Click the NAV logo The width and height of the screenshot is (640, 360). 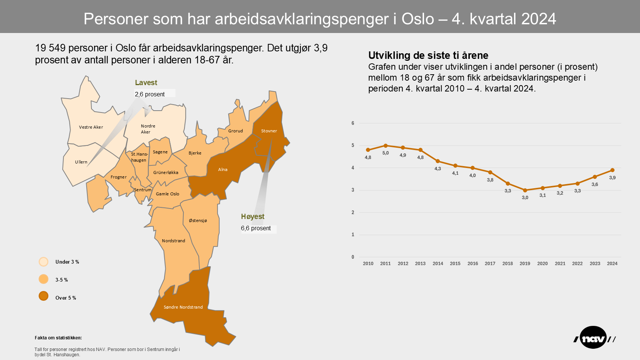pyautogui.click(x=594, y=338)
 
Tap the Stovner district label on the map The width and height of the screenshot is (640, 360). pyautogui.click(x=269, y=131)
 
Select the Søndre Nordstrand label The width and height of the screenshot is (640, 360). pyautogui.click(x=183, y=307)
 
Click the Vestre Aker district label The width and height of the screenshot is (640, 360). pyautogui.click(x=91, y=127)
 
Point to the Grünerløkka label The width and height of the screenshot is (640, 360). pyautogui.click(x=166, y=172)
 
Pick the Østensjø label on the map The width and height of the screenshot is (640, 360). pyautogui.click(x=198, y=220)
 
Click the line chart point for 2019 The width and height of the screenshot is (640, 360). pyautogui.click(x=525, y=190)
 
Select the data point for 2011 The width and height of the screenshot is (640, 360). pyautogui.click(x=385, y=145)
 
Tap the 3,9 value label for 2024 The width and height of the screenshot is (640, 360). pyautogui.click(x=612, y=178)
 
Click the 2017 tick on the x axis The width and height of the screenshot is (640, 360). pyautogui.click(x=490, y=264)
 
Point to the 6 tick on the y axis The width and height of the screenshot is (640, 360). pyautogui.click(x=353, y=123)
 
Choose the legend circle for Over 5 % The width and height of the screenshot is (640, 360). pyautogui.click(x=43, y=296)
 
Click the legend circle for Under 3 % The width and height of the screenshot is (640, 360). pyautogui.click(x=43, y=262)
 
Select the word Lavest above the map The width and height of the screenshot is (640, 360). pyautogui.click(x=146, y=83)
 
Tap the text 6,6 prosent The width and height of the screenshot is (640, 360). pyautogui.click(x=256, y=228)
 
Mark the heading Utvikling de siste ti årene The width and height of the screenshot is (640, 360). pyautogui.click(x=428, y=55)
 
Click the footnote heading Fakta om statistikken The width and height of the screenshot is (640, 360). pyautogui.click(x=58, y=338)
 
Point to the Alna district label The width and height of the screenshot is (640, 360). pyautogui.click(x=223, y=169)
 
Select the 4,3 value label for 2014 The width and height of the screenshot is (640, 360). pyautogui.click(x=438, y=169)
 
